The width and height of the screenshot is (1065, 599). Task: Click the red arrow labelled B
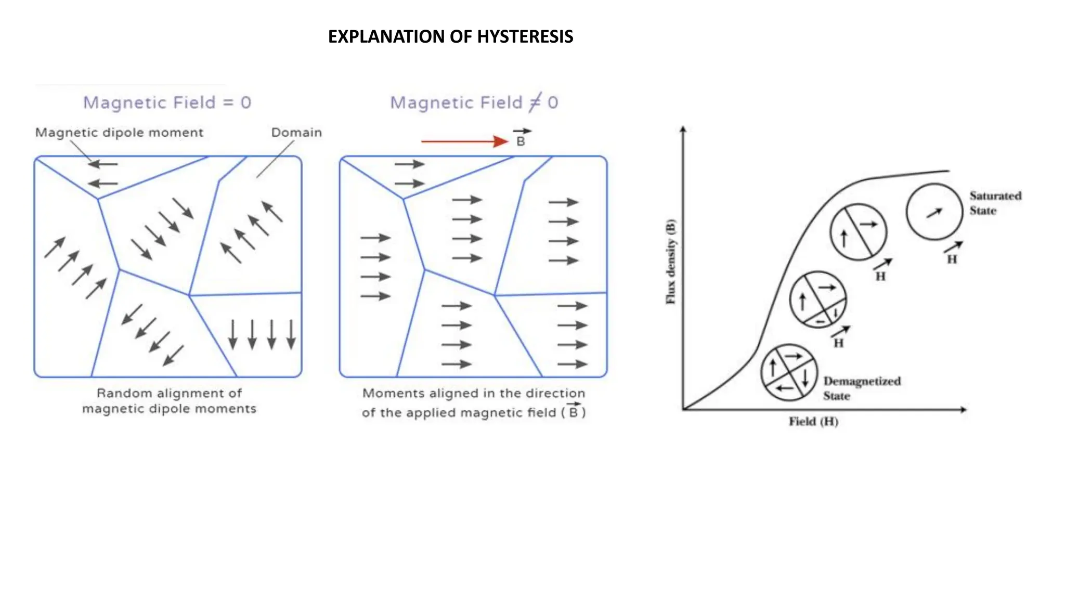tap(464, 141)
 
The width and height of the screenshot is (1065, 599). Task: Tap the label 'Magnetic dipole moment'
tap(119, 133)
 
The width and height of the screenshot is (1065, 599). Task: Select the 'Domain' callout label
tap(296, 133)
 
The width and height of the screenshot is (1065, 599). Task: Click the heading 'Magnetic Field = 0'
tap(167, 102)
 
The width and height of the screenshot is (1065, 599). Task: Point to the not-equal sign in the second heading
tap(535, 102)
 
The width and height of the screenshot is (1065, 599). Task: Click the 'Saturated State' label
tap(995, 203)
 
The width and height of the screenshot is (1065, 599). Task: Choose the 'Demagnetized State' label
tap(862, 388)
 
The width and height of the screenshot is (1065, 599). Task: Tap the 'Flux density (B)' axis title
tap(671, 262)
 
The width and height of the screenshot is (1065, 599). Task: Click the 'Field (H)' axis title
tap(813, 421)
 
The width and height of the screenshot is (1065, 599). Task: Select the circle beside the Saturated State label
tap(934, 212)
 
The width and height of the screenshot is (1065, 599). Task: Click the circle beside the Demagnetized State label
tap(789, 372)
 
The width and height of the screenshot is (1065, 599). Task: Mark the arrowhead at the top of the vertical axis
tap(683, 129)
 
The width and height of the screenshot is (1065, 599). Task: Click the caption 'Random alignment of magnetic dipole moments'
tap(169, 401)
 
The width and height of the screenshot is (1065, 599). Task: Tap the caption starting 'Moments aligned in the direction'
tap(474, 403)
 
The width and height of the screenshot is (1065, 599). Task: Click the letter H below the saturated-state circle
tap(952, 259)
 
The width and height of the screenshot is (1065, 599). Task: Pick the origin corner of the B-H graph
tap(683, 410)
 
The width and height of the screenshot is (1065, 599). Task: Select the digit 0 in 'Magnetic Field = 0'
tap(245, 102)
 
